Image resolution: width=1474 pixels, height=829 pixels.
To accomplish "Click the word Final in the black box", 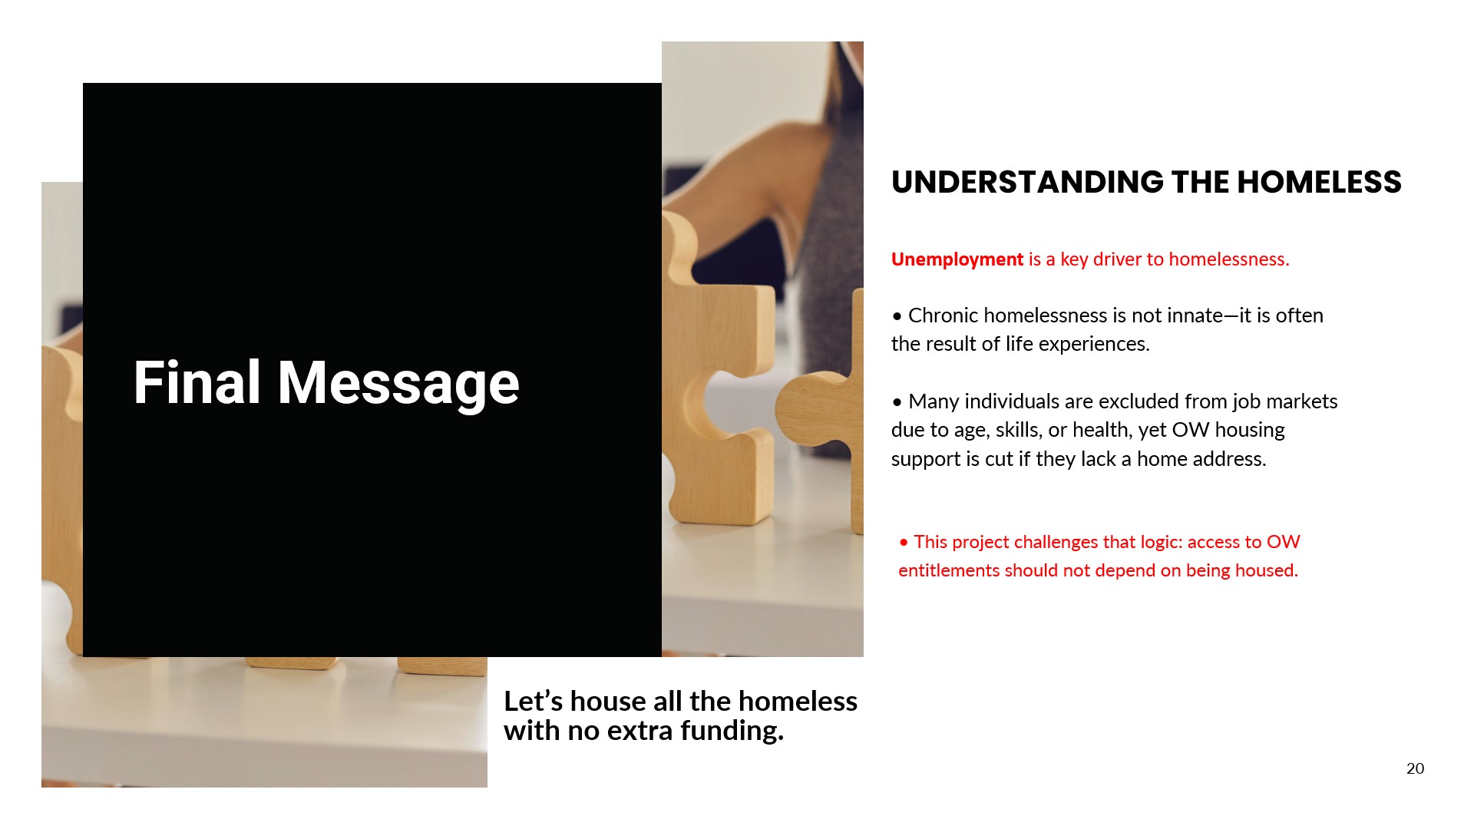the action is pyautogui.click(x=197, y=382).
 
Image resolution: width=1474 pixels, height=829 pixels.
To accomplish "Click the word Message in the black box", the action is pyautogui.click(x=398, y=384).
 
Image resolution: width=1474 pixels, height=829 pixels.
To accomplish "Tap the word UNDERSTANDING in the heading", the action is pyautogui.click(x=1027, y=182).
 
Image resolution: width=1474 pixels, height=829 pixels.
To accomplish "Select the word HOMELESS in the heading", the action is pyautogui.click(x=1319, y=182).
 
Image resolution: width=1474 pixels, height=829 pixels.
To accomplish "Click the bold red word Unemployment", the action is pyautogui.click(x=957, y=259).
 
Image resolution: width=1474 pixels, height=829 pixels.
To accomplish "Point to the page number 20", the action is pyautogui.click(x=1415, y=768).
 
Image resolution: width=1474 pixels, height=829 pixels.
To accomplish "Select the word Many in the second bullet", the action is pyautogui.click(x=933, y=401).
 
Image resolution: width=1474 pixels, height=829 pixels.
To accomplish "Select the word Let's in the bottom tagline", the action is pyautogui.click(x=534, y=701).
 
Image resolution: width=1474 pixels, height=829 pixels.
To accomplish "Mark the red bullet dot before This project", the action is pyautogui.click(x=904, y=543).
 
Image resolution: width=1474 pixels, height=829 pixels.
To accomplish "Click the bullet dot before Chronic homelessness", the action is pyautogui.click(x=897, y=316).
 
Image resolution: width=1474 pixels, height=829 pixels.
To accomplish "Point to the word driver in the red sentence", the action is pyautogui.click(x=1117, y=259).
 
